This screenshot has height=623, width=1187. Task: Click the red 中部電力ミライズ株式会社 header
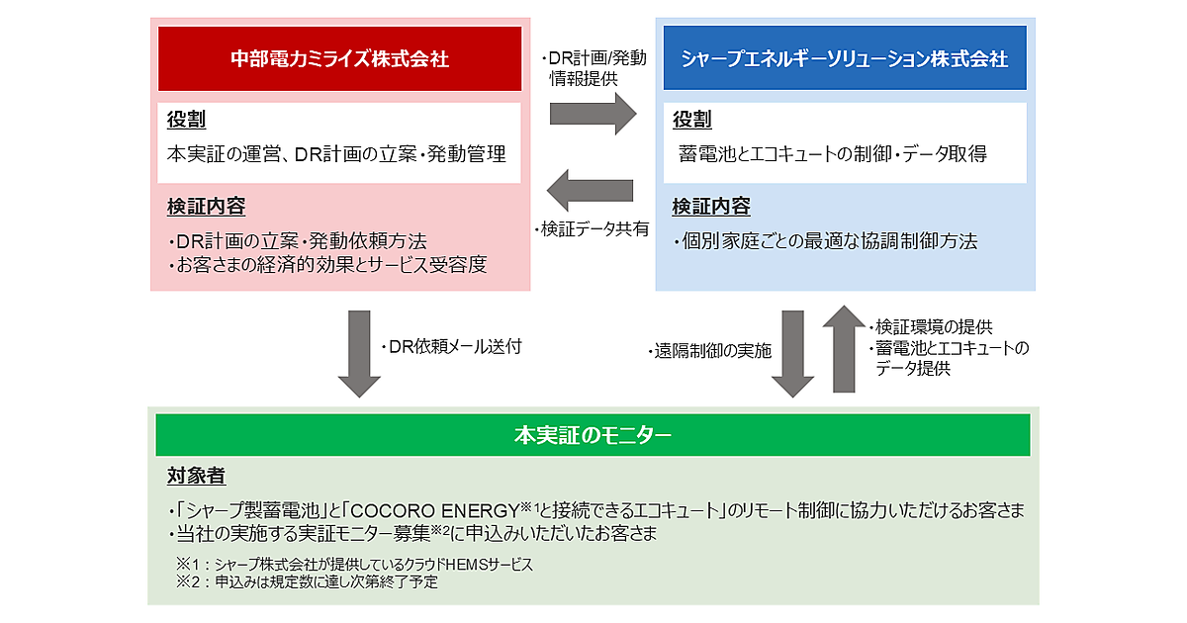pyautogui.click(x=339, y=58)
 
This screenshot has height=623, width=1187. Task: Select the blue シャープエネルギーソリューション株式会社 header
pyautogui.click(x=845, y=58)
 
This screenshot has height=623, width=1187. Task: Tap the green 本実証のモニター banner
pyautogui.click(x=593, y=434)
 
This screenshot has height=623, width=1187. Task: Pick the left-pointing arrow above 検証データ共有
pyautogui.click(x=592, y=190)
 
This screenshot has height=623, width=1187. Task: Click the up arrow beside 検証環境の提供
pyautogui.click(x=844, y=348)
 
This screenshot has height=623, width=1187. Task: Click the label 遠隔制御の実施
pyautogui.click(x=711, y=351)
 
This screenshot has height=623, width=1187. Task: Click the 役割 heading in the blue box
pyautogui.click(x=691, y=121)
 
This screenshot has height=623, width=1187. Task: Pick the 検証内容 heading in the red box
pyautogui.click(x=206, y=208)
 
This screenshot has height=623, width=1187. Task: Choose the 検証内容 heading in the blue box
pyautogui.click(x=711, y=208)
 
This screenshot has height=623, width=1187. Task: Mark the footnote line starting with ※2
pyautogui.click(x=307, y=582)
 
